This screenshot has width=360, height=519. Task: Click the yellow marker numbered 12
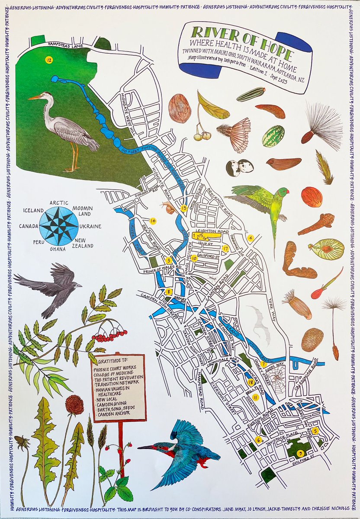click(48, 60)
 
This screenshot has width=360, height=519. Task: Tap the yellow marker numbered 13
click(184, 208)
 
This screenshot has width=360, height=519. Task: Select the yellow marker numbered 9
click(300, 453)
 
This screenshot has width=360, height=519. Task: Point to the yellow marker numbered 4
click(250, 237)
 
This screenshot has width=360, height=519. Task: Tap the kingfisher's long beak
click(147, 447)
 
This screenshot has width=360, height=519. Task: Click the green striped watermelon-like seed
click(273, 136)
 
